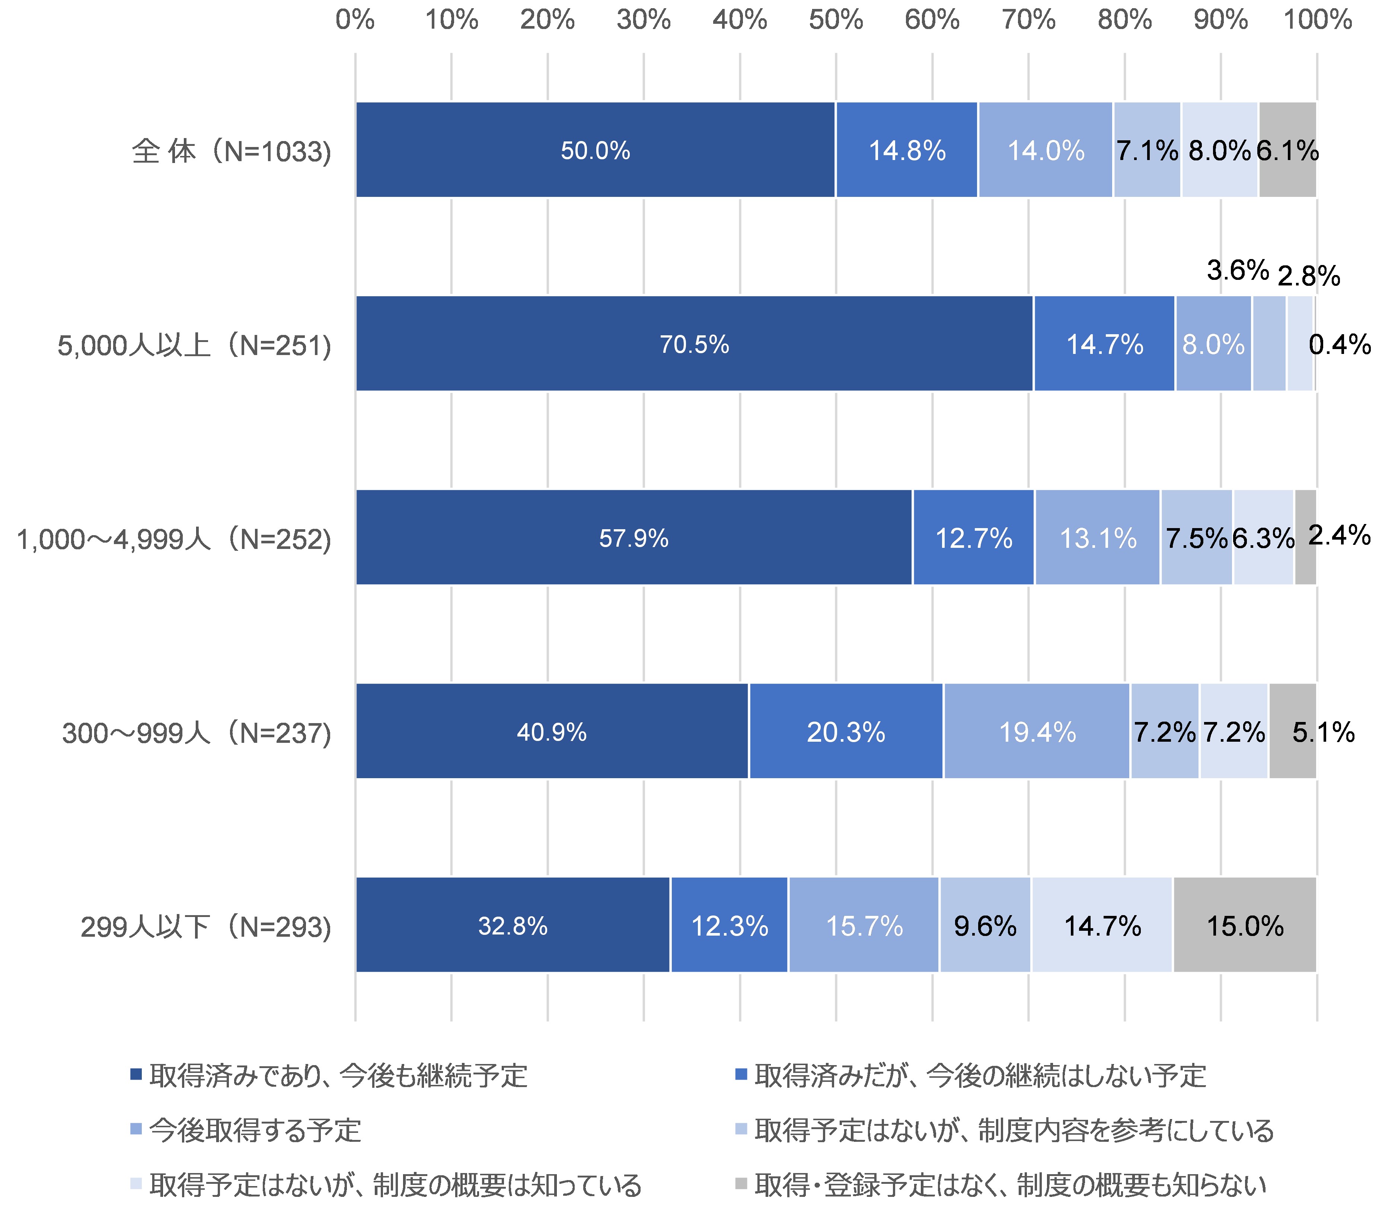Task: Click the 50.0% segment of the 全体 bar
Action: [x=595, y=150]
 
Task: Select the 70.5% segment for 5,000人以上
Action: [x=694, y=344]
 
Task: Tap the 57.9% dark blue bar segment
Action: [x=633, y=538]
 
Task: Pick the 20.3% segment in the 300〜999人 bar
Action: [x=845, y=732]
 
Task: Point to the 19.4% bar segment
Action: [x=1037, y=732]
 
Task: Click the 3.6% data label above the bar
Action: [x=1237, y=270]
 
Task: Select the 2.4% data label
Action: [x=1339, y=535]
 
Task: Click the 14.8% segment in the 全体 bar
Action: [x=906, y=150]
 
